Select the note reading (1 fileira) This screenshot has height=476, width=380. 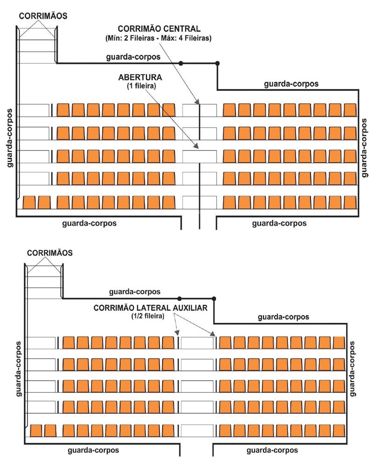pyautogui.click(x=139, y=86)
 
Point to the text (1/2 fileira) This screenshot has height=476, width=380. pyautogui.click(x=148, y=316)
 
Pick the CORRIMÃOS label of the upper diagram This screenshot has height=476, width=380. pyautogui.click(x=43, y=15)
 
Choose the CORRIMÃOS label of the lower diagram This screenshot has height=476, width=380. pyautogui.click(x=49, y=253)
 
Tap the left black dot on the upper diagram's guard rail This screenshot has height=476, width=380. pyautogui.click(x=181, y=63)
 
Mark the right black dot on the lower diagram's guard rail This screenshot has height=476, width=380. pyautogui.click(x=214, y=299)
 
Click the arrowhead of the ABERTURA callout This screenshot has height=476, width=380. pyautogui.click(x=198, y=148)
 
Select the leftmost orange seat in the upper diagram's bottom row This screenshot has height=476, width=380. pyautogui.click(x=29, y=203)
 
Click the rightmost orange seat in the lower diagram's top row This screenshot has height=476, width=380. pyautogui.click(x=339, y=342)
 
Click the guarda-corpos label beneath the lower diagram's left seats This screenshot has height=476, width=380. pyautogui.click(x=93, y=451)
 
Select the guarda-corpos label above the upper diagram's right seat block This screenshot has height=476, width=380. pyautogui.click(x=291, y=84)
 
